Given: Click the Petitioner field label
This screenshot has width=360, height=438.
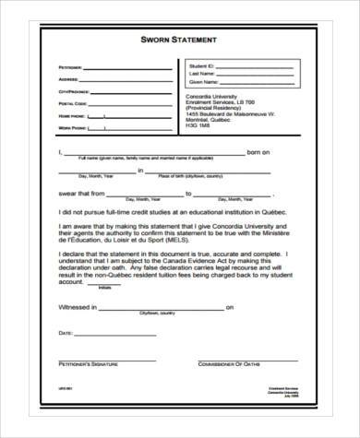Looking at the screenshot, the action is click(x=70, y=68).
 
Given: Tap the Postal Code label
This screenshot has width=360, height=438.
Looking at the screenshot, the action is click(x=70, y=103).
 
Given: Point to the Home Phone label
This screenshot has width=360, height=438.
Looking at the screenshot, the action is click(x=69, y=115).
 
